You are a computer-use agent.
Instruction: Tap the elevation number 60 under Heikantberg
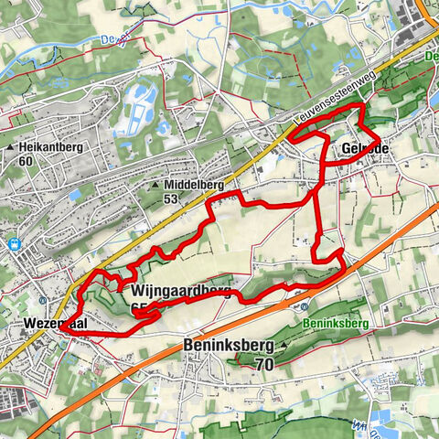tap(25, 162)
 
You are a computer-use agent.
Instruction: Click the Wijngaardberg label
tap(173, 292)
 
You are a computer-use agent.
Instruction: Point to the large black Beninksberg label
tap(225, 348)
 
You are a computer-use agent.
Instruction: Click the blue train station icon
tap(15, 244)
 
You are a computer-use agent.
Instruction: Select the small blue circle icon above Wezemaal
tap(44, 298)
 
